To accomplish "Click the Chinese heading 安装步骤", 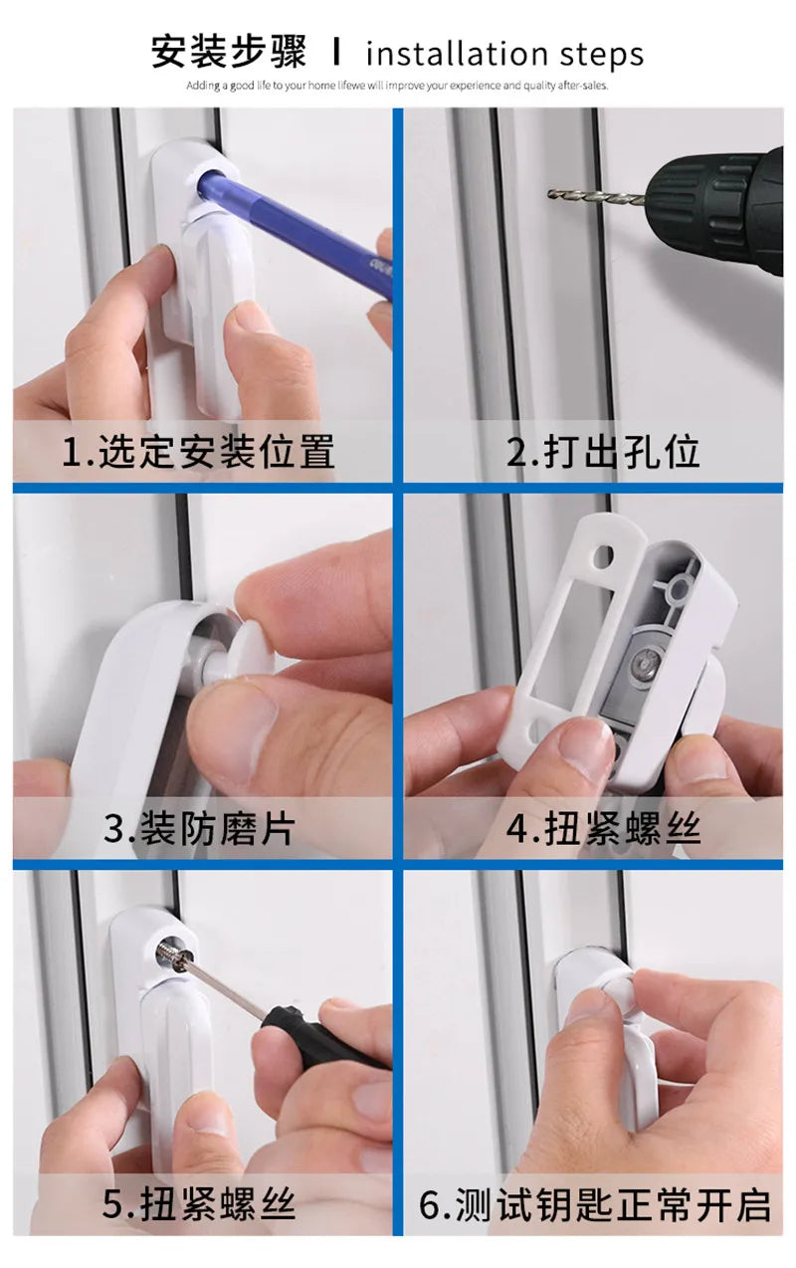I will pos(230,52).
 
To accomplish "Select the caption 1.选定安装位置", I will pos(199,452).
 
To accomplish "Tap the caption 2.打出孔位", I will pos(603,452).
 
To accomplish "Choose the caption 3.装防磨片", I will pos(199,828).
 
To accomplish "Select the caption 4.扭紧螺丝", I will pos(603,828).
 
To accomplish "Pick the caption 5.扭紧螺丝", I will pos(199,1204).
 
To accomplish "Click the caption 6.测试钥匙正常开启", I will pos(595,1204).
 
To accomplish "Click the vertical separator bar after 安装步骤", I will pos(336,52).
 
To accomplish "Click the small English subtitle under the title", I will pos(397,86).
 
